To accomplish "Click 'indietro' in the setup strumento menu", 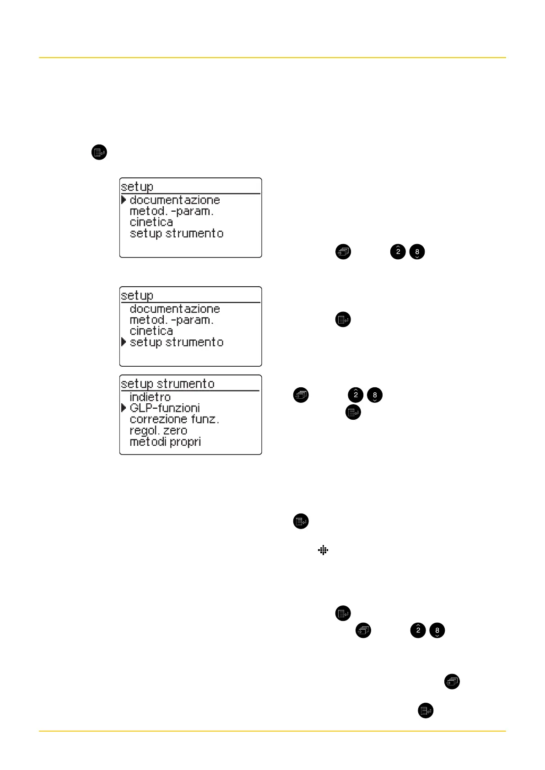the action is (150, 397).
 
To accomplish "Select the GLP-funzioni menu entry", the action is (165, 408).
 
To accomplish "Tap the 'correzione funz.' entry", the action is (174, 419).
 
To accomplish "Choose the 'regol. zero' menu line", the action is (158, 431).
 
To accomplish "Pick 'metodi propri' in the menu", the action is (165, 442).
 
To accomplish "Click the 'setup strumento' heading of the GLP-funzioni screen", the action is (167, 384).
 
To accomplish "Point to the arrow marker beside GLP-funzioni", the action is (124, 407).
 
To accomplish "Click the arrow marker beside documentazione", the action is (124, 200).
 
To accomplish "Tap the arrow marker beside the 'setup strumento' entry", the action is (124, 342).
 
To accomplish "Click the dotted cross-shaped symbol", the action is (323, 551).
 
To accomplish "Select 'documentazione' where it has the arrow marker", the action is (175, 200).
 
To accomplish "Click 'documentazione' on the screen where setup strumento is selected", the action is (175, 309).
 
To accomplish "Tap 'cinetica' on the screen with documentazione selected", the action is (151, 222).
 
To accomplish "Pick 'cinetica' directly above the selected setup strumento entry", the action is (151, 331).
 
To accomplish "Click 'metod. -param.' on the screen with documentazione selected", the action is (172, 211).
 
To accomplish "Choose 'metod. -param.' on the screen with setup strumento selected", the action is (172, 320).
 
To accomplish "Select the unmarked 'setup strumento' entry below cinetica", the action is (177, 234).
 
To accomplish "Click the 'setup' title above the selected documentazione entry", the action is (137, 187).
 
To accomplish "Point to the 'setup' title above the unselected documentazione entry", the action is (137, 295).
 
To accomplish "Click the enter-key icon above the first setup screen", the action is (99, 152).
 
